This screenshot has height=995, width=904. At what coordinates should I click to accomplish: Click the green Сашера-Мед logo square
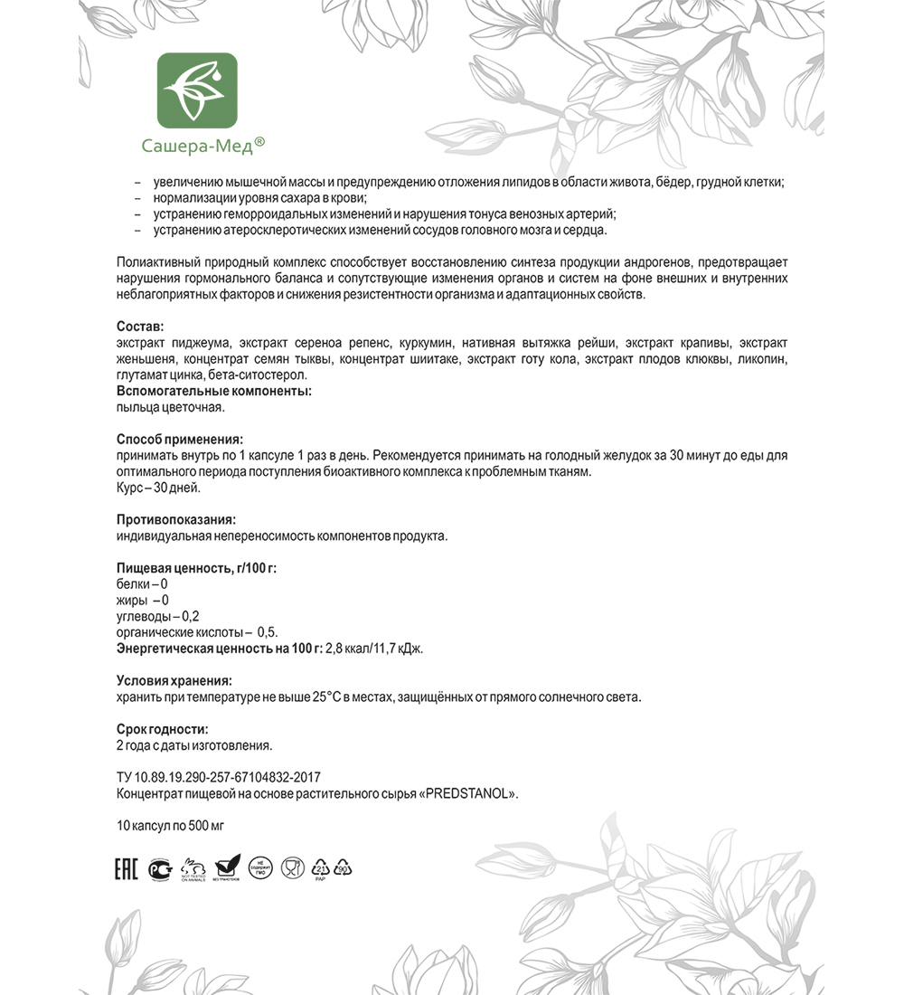[197, 90]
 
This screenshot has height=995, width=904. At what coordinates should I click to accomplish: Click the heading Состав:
[140, 326]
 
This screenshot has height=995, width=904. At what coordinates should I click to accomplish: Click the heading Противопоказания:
[176, 519]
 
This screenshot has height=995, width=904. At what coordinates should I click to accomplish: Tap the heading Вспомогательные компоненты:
[214, 391]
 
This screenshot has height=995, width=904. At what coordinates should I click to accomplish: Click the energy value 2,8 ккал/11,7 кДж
[374, 649]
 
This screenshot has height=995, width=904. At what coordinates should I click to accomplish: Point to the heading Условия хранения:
[174, 680]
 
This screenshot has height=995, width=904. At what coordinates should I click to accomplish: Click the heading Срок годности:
[162, 729]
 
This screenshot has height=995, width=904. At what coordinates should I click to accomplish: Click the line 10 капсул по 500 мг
[170, 826]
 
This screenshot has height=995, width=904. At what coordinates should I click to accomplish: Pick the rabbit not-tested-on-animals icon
[193, 868]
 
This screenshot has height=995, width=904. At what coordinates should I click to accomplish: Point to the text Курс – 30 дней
[158, 488]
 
